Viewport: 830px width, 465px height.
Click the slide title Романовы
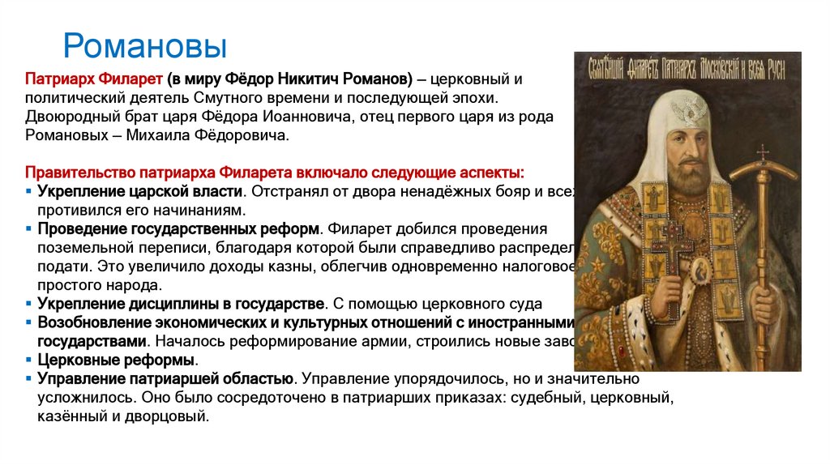[x=145, y=46]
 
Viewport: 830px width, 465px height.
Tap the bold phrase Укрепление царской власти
[x=140, y=191]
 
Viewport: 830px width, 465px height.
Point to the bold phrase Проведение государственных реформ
[x=178, y=228]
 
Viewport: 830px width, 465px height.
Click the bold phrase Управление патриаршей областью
[x=165, y=378]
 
